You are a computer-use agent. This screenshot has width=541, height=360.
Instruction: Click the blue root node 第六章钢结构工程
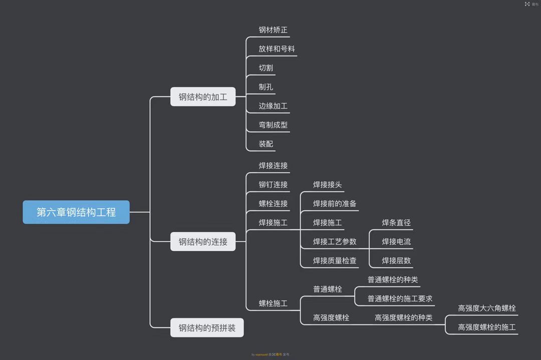[76, 212]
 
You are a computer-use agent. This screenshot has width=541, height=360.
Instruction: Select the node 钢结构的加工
[203, 97]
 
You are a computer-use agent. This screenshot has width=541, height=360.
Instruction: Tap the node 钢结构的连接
[203, 242]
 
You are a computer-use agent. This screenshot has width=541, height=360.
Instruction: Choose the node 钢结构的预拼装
[207, 328]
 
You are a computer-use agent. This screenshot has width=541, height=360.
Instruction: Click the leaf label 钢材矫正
[273, 30]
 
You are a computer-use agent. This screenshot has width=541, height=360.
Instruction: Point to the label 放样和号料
[277, 49]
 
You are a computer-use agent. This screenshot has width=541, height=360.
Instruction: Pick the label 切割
[266, 68]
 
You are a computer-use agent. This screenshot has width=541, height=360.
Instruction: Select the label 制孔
[266, 87]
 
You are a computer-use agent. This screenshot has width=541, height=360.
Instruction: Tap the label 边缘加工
[273, 106]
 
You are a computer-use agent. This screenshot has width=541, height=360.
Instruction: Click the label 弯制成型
[273, 125]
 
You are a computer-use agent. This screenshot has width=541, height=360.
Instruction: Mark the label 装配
[266, 144]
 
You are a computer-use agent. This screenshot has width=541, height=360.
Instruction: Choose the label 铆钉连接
[273, 185]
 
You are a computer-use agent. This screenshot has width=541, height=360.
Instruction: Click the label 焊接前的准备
[335, 204]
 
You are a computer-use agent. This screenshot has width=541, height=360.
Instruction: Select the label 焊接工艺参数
[335, 242]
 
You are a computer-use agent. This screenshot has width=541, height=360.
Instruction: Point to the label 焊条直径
[396, 223]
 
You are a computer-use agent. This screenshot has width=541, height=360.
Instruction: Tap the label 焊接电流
[396, 242]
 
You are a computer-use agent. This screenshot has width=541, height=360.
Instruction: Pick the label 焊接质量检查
[335, 261]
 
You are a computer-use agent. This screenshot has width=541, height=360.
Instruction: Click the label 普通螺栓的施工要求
[400, 299]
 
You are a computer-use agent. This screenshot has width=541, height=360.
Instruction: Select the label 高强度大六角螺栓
[487, 308]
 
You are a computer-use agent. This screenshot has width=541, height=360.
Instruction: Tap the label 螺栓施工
[273, 303]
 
